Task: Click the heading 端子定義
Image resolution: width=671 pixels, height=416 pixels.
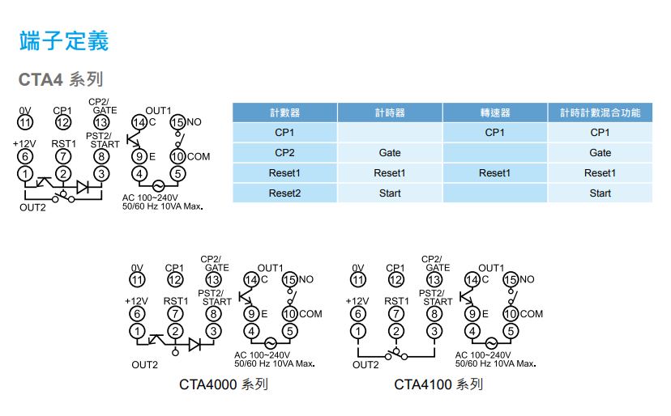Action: pyautogui.click(x=63, y=40)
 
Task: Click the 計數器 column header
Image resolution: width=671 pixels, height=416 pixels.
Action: pyautogui.click(x=284, y=112)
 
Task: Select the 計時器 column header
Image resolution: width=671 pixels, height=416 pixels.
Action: pyautogui.click(x=390, y=112)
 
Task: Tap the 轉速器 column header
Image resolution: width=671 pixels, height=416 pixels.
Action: pyautogui.click(x=494, y=112)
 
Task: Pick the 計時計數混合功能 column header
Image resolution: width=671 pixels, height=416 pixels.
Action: pyautogui.click(x=600, y=112)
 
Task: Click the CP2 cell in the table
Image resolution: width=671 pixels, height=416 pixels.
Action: pyautogui.click(x=284, y=152)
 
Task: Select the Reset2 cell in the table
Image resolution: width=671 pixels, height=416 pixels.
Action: pyautogui.click(x=284, y=193)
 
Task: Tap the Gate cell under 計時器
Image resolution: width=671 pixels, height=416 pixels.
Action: pyautogui.click(x=390, y=152)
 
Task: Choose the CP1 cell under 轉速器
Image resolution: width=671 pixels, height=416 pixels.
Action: pyautogui.click(x=494, y=133)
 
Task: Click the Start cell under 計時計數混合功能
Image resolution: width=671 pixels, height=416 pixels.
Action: pyautogui.click(x=600, y=193)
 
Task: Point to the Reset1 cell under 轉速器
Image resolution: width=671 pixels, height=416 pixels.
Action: pyautogui.click(x=494, y=172)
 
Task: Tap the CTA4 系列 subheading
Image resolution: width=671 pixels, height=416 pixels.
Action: pyautogui.click(x=61, y=79)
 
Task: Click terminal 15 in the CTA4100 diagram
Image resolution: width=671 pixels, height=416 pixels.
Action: pyautogui.click(x=511, y=279)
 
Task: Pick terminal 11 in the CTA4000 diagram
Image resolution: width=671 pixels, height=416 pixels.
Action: pyautogui.click(x=137, y=279)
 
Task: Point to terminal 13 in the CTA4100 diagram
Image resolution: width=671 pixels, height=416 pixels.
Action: pyautogui.click(x=434, y=279)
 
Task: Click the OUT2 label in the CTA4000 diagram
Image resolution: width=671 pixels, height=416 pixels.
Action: pyautogui.click(x=144, y=364)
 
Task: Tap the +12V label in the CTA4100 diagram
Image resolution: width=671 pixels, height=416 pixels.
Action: pyautogui.click(x=357, y=301)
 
